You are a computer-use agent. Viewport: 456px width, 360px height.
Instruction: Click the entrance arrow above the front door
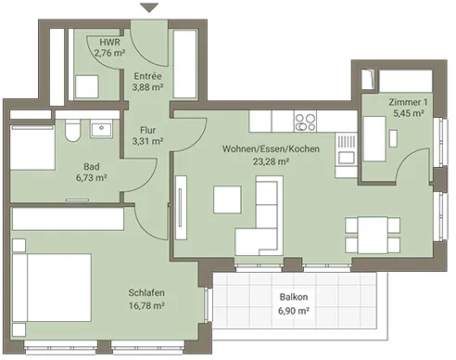(149, 7)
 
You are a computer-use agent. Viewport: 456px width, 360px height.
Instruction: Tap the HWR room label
(109, 42)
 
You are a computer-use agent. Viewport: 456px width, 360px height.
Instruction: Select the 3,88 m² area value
(147, 87)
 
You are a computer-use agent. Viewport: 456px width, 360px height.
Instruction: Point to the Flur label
(147, 130)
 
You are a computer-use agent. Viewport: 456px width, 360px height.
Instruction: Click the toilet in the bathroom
(73, 131)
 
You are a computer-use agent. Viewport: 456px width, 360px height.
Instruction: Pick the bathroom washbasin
(101, 130)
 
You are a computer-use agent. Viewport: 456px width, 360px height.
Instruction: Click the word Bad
(92, 167)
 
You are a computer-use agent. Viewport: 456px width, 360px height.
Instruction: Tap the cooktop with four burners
(306, 122)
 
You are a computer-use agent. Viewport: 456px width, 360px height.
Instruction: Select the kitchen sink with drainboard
(346, 149)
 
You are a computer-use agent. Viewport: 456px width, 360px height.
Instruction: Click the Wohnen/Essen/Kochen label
(271, 148)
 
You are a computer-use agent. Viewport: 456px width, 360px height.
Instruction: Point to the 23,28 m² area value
(271, 161)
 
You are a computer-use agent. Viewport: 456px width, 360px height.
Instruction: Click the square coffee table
(227, 199)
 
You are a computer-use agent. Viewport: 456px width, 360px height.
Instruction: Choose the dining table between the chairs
(373, 235)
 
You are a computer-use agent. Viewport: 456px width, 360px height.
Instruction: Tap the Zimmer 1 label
(408, 102)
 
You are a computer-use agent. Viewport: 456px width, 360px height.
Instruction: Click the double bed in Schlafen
(52, 288)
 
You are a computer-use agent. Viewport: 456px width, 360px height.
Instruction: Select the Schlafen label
(146, 292)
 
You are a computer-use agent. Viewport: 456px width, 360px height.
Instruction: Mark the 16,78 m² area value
(146, 305)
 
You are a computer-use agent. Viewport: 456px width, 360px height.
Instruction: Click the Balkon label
(294, 297)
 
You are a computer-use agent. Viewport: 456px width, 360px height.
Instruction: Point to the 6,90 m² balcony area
(294, 310)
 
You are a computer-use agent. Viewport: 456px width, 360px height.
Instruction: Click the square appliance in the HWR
(87, 87)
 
